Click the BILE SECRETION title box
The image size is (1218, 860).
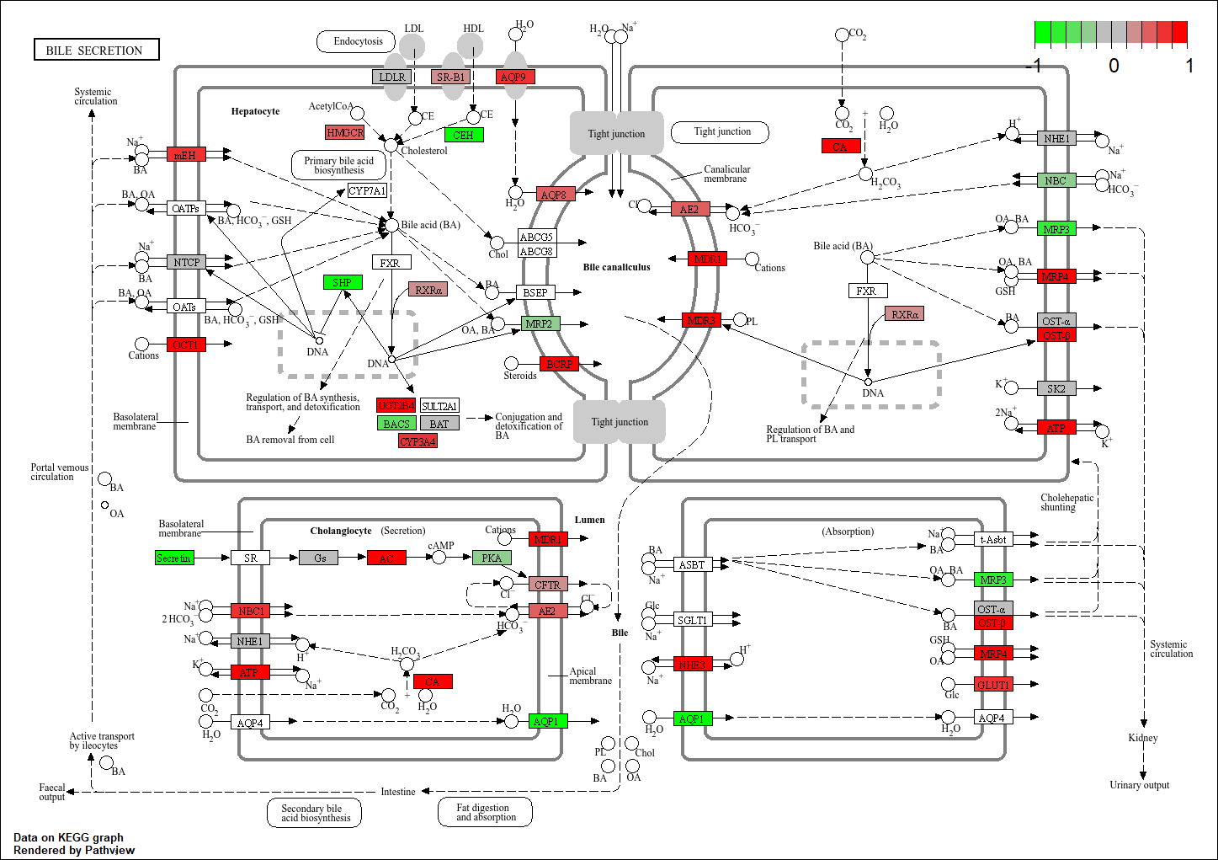tap(96, 51)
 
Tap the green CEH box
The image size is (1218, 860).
tap(464, 135)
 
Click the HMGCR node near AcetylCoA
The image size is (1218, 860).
tap(345, 132)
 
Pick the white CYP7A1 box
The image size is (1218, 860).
tap(367, 191)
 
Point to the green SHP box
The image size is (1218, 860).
tap(343, 282)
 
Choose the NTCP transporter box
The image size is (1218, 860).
tap(186, 262)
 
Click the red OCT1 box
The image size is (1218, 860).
tap(186, 345)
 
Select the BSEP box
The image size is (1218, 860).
tap(535, 292)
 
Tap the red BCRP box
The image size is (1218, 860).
tap(559, 364)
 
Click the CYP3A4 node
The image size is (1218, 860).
tap(418, 441)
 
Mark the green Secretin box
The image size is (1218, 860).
tap(174, 558)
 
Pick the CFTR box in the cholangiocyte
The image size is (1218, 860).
tap(547, 584)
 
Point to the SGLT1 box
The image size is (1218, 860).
tap(692, 620)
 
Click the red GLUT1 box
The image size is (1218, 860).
tap(993, 685)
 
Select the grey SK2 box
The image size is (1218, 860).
tap(1056, 388)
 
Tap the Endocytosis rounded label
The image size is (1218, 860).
tap(359, 41)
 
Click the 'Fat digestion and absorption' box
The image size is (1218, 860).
tap(486, 812)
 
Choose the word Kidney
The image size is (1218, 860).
tap(1142, 738)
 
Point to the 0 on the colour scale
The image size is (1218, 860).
tap(1114, 66)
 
